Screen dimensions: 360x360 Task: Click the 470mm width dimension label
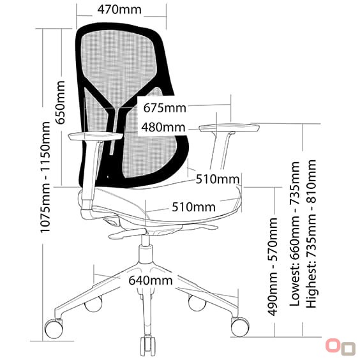(119, 10)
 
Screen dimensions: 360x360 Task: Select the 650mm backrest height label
(61, 102)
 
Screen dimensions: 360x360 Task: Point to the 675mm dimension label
(165, 108)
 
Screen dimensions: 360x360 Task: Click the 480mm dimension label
(163, 127)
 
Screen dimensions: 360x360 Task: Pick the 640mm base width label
(151, 280)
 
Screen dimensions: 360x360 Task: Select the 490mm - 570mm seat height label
(273, 267)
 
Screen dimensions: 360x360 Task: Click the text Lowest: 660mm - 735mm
(295, 234)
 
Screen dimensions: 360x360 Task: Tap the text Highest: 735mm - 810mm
(311, 234)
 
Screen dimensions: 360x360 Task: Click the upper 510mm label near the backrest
(217, 179)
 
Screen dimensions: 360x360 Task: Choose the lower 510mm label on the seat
(193, 207)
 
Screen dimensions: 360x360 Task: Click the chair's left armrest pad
(95, 136)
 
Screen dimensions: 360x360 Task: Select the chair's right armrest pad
(230, 128)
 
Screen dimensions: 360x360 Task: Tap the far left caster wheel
(54, 329)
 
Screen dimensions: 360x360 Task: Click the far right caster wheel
(240, 327)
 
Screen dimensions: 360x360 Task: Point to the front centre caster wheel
(147, 346)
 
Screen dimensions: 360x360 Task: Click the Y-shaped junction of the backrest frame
(116, 110)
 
